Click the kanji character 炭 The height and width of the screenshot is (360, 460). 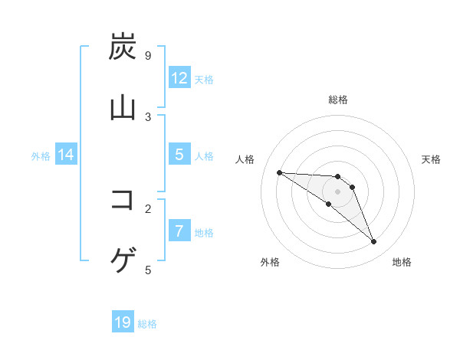[123, 47]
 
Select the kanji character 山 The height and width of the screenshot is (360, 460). [123, 108]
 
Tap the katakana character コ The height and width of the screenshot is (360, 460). [123, 201]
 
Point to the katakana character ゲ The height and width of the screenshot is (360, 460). [123, 261]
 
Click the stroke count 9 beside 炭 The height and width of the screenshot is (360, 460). [147, 56]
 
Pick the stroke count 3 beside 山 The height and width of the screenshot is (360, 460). [147, 116]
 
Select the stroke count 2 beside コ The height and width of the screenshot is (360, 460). [147, 208]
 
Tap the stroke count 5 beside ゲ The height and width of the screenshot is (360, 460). [147, 270]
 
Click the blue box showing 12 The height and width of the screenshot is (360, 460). [179, 78]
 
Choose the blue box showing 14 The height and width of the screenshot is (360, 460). [66, 155]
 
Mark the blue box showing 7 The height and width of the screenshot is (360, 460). [179, 231]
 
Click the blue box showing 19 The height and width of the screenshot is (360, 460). [123, 323]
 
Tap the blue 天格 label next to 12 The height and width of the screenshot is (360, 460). [204, 79]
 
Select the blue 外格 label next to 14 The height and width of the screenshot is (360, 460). [41, 155]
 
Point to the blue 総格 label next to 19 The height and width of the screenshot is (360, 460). [147, 324]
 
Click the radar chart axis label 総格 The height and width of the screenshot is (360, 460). [338, 100]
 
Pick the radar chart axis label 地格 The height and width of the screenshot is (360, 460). [402, 262]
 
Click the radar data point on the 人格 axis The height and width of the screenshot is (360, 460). [279, 172]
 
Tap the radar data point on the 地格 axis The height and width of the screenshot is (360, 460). [374, 242]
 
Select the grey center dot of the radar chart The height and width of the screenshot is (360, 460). [338, 191]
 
